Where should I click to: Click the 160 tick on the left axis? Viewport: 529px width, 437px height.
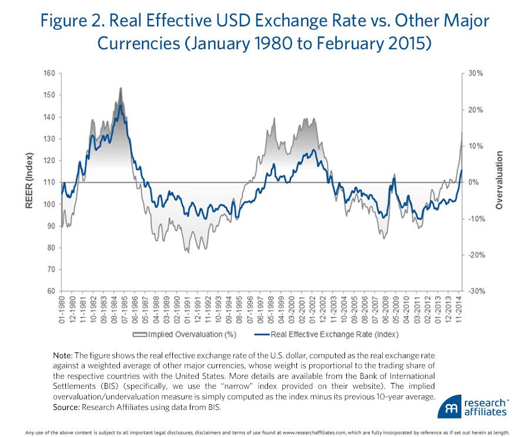[51, 73]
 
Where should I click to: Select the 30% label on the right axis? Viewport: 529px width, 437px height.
[476, 73]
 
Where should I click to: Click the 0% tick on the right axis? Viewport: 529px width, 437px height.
[473, 182]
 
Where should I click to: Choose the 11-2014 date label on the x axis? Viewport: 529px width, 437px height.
[458, 308]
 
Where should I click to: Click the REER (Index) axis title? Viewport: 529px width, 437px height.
[28, 182]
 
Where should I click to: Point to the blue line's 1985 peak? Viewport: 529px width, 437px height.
[120, 105]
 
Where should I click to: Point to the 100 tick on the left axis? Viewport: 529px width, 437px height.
[51, 204]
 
